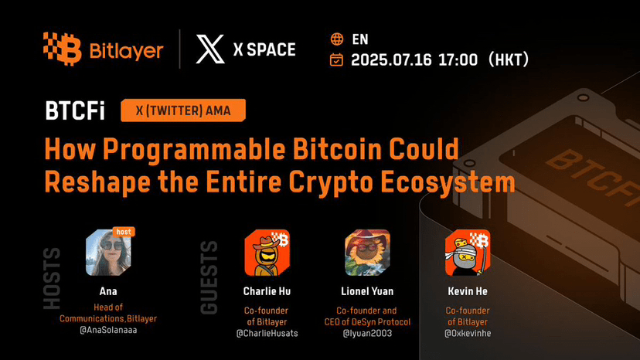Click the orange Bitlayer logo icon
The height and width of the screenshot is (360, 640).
[x=62, y=49]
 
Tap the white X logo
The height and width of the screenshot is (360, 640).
[x=210, y=49]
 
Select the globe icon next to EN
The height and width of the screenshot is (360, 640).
[x=337, y=39]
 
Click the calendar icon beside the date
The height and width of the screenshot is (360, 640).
[x=336, y=59]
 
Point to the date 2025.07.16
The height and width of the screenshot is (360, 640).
[x=391, y=60]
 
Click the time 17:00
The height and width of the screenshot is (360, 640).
[x=458, y=60]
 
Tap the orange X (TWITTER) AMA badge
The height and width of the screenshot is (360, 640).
[x=183, y=110]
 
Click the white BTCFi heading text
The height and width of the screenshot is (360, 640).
[x=75, y=110]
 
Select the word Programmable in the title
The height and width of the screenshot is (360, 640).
[x=194, y=150]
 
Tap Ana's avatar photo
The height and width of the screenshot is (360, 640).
[x=108, y=253]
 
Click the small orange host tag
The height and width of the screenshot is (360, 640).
[x=124, y=232]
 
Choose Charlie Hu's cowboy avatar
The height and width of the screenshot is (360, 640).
[x=267, y=253]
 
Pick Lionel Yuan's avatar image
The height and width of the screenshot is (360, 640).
[x=367, y=253]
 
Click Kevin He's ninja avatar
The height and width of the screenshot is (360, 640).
[x=468, y=253]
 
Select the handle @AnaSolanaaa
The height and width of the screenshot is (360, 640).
[x=108, y=330]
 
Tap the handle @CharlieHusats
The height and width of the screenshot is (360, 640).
[x=267, y=334]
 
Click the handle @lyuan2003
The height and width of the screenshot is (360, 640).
[x=367, y=334]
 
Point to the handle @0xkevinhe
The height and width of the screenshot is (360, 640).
[x=468, y=334]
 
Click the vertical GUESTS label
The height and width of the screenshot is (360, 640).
[x=209, y=277]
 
